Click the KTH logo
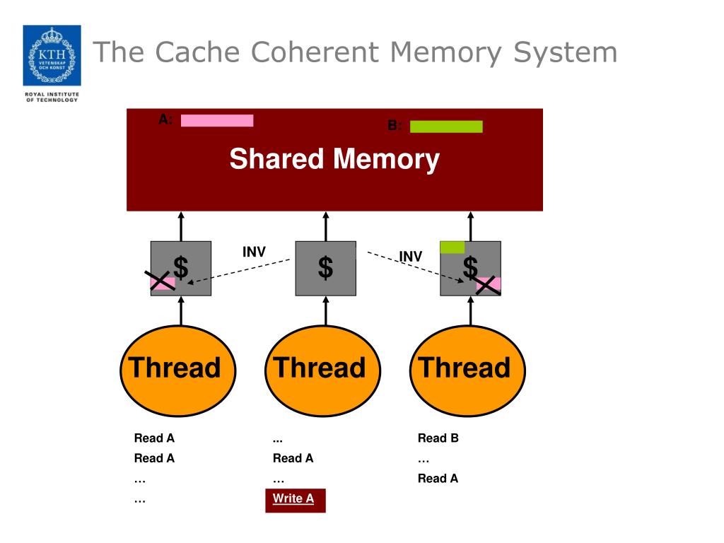click(52, 55)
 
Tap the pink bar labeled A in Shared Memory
click(217, 120)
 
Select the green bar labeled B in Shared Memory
click(446, 127)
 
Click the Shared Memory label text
click(334, 159)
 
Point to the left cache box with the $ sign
click(181, 268)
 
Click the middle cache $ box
click(325, 268)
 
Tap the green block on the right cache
click(452, 247)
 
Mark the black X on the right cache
click(487, 285)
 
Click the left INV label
click(254, 252)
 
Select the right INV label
click(410, 256)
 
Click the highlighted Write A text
click(293, 498)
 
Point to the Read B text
click(438, 438)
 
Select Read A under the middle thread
click(293, 458)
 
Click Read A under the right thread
click(438, 479)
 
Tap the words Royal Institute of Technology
click(52, 97)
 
